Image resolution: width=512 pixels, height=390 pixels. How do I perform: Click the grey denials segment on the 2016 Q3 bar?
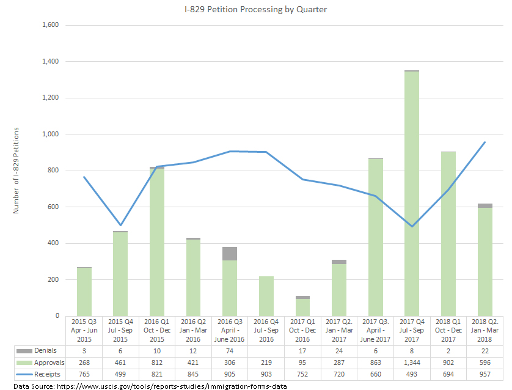tap(229, 254)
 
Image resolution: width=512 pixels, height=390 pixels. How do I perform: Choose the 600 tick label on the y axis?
tap(51, 207)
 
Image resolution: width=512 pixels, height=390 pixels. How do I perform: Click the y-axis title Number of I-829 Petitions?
tap(16, 171)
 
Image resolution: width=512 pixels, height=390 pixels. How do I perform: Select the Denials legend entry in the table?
tap(42, 351)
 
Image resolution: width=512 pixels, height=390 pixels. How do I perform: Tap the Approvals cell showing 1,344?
tap(412, 362)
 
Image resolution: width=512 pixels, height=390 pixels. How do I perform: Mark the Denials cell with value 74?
tap(229, 351)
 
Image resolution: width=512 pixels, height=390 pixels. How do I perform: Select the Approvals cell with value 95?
tap(302, 362)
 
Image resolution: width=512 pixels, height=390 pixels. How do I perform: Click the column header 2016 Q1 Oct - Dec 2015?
tap(156, 330)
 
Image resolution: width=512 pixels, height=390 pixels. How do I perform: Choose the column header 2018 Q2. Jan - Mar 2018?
tap(485, 330)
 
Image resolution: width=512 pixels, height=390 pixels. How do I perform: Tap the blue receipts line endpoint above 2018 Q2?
tap(485, 142)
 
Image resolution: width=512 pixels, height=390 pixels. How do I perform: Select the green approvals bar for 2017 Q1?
tap(302, 307)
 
